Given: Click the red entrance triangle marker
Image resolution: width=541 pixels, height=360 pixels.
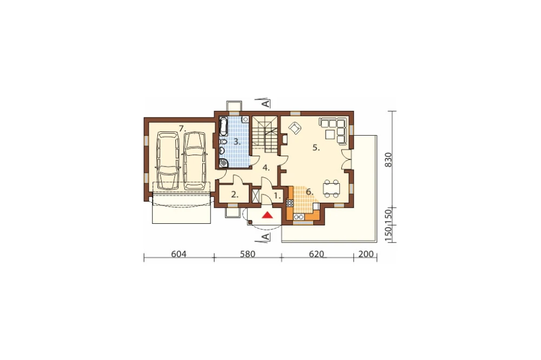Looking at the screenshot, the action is pyautogui.click(x=267, y=216).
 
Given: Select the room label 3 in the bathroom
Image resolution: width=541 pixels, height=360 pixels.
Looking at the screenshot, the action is pyautogui.click(x=237, y=142).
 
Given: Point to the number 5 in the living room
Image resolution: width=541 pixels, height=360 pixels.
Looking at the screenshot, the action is pyautogui.click(x=316, y=148).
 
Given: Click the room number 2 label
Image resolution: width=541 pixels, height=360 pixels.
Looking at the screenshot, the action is pyautogui.click(x=235, y=195).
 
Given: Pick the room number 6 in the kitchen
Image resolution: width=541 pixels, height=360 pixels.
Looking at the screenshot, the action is pyautogui.click(x=309, y=191).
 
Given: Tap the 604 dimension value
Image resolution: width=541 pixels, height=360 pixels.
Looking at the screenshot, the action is pyautogui.click(x=179, y=254).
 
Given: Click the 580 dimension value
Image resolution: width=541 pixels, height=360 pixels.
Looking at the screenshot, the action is pyautogui.click(x=247, y=254).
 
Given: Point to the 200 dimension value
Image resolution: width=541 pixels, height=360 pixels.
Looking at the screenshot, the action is pyautogui.click(x=366, y=254).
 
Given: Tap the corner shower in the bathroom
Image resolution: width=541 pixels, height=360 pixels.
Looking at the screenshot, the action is pyautogui.click(x=223, y=163).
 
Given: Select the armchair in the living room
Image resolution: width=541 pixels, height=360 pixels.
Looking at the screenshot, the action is pyautogui.click(x=295, y=128).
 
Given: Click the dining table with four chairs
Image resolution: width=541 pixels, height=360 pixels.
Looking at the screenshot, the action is pyautogui.click(x=331, y=189).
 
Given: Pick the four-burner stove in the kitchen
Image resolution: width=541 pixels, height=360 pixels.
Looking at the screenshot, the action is pyautogui.click(x=289, y=203).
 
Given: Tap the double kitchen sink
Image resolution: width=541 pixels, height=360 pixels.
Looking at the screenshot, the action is pyautogui.click(x=299, y=217).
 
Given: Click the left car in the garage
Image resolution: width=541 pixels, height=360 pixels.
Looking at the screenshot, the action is pyautogui.click(x=168, y=161).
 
